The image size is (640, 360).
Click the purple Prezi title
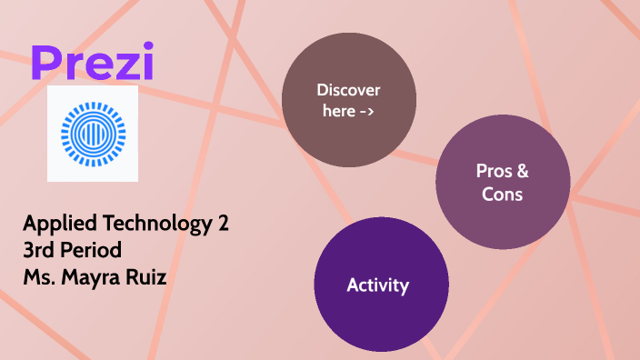pos(91,61)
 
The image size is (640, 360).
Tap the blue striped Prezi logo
pos(93,135)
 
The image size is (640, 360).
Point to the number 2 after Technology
pos(223,224)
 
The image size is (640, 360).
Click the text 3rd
pos(41,248)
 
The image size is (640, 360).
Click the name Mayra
pos(94,273)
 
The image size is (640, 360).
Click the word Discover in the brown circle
pos(348,90)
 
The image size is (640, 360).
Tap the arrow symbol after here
pos(367,112)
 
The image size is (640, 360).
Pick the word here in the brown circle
pos(338,112)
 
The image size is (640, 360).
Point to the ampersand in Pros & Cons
pos(523,170)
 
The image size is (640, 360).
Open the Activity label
pos(378,285)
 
